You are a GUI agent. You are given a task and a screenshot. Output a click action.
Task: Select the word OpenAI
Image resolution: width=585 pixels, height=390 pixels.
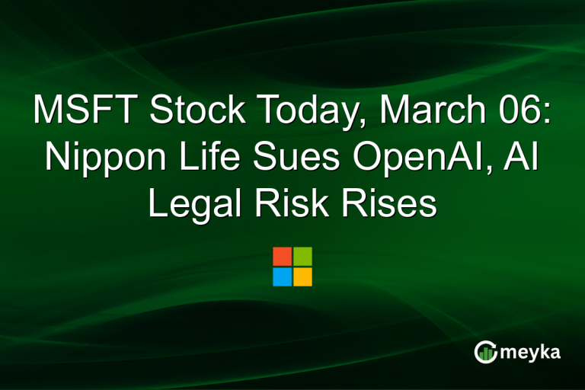(415, 158)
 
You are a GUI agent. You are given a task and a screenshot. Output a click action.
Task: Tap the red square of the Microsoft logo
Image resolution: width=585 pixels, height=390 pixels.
(282, 256)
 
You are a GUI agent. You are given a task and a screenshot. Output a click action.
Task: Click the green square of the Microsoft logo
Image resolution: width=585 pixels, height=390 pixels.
(302, 256)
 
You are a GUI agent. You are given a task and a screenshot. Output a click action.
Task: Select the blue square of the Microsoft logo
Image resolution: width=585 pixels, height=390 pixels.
(282, 277)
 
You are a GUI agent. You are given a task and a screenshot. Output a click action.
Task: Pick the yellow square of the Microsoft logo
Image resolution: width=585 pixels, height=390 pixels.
(302, 277)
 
